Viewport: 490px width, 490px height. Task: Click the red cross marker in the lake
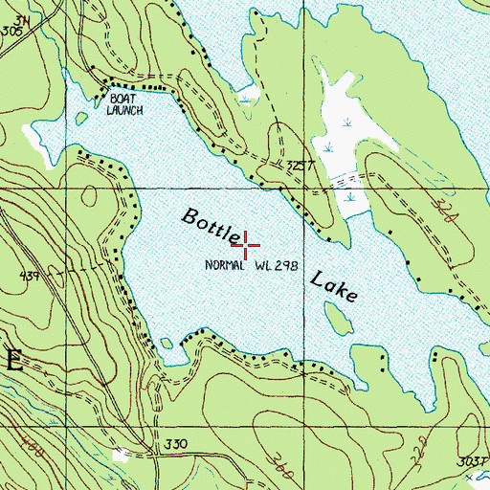click(x=247, y=245)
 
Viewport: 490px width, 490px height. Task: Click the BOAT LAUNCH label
click(x=125, y=104)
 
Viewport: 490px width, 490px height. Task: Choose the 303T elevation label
click(x=469, y=461)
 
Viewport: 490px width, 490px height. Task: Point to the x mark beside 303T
click(x=483, y=475)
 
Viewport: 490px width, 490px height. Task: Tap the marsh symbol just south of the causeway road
click(x=350, y=197)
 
